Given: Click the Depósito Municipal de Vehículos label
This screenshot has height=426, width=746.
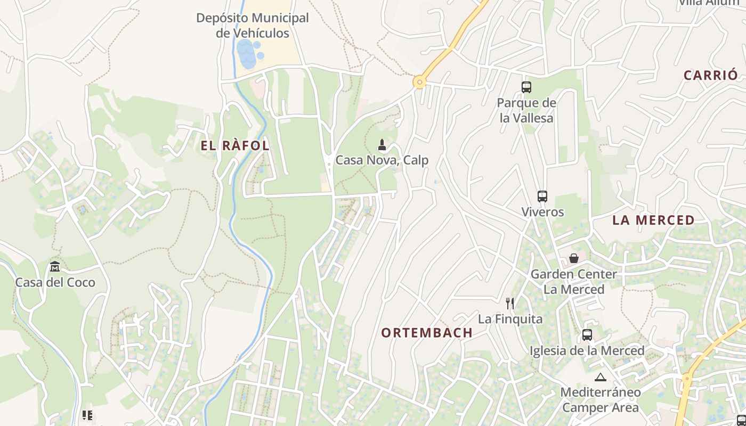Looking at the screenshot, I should pos(253,26).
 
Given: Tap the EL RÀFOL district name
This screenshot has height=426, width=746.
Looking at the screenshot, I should pos(235,146).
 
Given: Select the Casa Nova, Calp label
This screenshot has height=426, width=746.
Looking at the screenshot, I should pos(382,160).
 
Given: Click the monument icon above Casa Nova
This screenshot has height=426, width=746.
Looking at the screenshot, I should pos(382,144).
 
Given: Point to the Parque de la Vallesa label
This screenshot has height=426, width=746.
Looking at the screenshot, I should pos(526,111).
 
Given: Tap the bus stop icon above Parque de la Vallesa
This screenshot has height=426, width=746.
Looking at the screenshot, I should pos(526,87).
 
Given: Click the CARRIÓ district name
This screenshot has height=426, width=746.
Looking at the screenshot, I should pos(711,75).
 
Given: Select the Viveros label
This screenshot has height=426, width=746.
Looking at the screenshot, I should pos(542,212).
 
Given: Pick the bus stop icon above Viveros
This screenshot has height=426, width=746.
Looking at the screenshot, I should pos(542,196).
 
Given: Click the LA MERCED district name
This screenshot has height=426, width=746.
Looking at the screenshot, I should pos(653,220).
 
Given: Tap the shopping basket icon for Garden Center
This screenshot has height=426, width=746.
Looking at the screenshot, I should pos(574,258).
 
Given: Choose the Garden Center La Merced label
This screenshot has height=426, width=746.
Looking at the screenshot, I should pos(574,282).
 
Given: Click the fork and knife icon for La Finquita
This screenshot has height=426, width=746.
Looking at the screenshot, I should pos(510,304).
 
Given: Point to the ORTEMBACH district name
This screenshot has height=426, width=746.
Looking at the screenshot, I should pos(427,333).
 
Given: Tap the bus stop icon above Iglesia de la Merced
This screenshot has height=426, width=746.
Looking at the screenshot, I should pos(587,335).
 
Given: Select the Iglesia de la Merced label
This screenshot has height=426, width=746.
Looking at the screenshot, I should pos(587,351).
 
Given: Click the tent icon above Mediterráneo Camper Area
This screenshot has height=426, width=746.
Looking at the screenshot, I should pos(601,378).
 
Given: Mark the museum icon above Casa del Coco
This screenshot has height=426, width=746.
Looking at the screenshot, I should pos(55,267).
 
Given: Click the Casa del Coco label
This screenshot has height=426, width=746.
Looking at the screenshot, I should pos(55,282).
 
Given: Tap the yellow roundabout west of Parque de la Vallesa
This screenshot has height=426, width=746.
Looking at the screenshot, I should pos(420,82).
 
